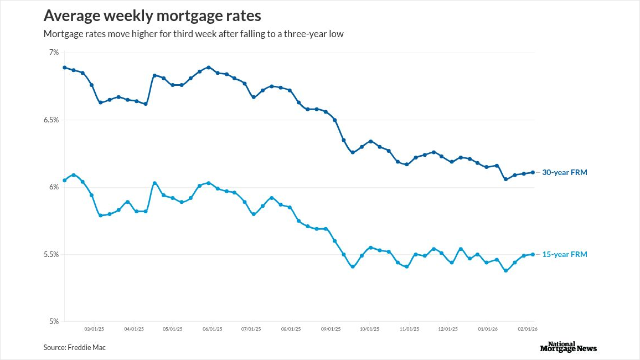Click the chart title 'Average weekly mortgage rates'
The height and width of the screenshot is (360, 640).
(x=152, y=15)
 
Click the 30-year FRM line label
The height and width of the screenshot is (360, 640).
(x=564, y=172)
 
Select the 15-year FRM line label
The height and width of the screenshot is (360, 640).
(x=564, y=254)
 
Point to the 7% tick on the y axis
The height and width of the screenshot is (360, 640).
(x=54, y=53)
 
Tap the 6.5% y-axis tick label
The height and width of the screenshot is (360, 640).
(x=51, y=120)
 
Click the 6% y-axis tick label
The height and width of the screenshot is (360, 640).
(x=54, y=187)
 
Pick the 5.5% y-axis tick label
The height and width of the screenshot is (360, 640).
(x=51, y=254)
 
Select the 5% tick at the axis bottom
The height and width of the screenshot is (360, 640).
(x=54, y=322)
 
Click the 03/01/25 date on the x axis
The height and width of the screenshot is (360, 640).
(x=94, y=329)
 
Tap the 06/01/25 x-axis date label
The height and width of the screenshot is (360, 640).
(x=213, y=329)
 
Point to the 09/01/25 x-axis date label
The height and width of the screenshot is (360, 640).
(x=331, y=329)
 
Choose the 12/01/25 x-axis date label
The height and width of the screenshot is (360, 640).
(x=448, y=329)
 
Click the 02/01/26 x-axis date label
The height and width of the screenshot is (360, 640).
(x=528, y=329)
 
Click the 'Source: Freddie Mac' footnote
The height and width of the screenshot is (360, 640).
(x=74, y=347)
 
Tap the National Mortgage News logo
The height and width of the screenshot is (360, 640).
(x=568, y=347)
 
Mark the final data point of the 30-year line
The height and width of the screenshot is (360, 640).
(x=533, y=172)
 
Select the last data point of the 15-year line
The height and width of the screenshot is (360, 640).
(x=533, y=254)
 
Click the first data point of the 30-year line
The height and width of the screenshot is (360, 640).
(x=65, y=68)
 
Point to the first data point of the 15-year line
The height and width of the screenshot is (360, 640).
(x=65, y=180)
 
